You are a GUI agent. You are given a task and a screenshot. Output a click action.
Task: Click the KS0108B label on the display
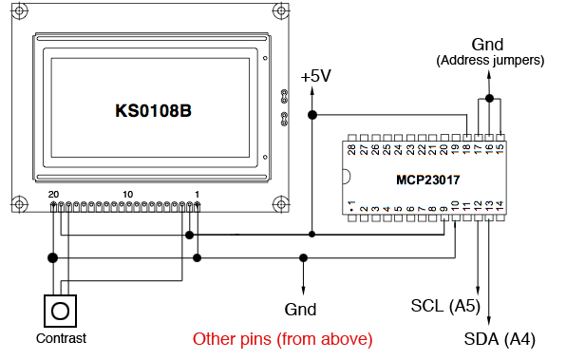click(x=153, y=111)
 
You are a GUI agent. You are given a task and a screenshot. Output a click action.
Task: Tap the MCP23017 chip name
click(x=427, y=180)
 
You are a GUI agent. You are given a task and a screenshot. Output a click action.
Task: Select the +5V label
click(x=316, y=76)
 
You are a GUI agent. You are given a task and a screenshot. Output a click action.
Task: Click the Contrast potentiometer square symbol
click(x=60, y=311)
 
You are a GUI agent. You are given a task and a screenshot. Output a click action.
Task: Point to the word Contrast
click(x=61, y=338)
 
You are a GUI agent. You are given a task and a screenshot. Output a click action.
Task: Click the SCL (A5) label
click(x=445, y=306)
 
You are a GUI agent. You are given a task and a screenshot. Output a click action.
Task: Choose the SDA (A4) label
click(x=500, y=339)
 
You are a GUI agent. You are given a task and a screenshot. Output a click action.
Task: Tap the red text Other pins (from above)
click(x=282, y=339)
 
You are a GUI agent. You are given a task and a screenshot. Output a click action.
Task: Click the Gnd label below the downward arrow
click(x=300, y=310)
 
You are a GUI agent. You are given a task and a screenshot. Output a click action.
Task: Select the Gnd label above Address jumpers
click(x=487, y=45)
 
